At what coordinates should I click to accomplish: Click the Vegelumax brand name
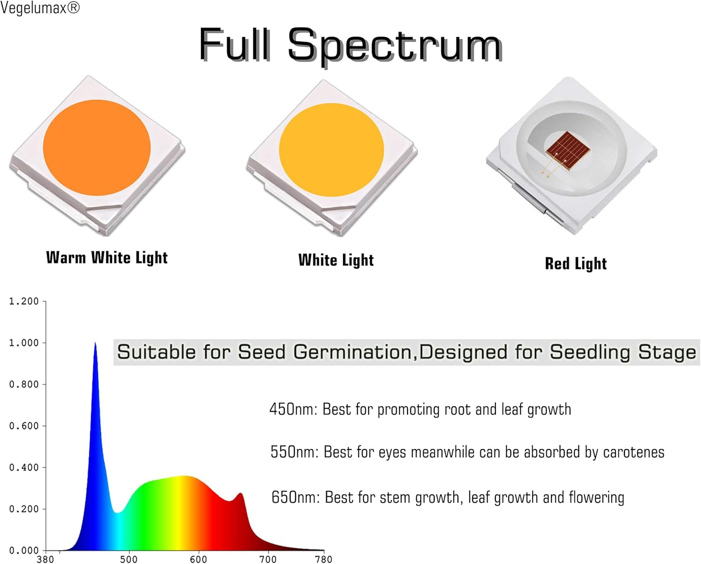pyautogui.click(x=34, y=8)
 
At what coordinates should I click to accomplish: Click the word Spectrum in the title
pyautogui.click(x=394, y=46)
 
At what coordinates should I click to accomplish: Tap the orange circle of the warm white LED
pyautogui.click(x=97, y=148)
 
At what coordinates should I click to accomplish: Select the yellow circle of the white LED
pyautogui.click(x=331, y=150)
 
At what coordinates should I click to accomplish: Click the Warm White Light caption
pyautogui.click(x=107, y=258)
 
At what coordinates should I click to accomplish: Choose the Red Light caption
pyautogui.click(x=576, y=264)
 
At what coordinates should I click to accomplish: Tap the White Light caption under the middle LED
pyautogui.click(x=336, y=260)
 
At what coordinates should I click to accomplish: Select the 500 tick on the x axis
pyautogui.click(x=129, y=559)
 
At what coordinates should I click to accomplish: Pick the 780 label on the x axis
pyautogui.click(x=324, y=559)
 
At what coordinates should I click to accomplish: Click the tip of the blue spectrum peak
pyautogui.click(x=95, y=343)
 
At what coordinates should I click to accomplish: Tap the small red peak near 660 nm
pyautogui.click(x=240, y=494)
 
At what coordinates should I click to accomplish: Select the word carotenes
pyautogui.click(x=634, y=452)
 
